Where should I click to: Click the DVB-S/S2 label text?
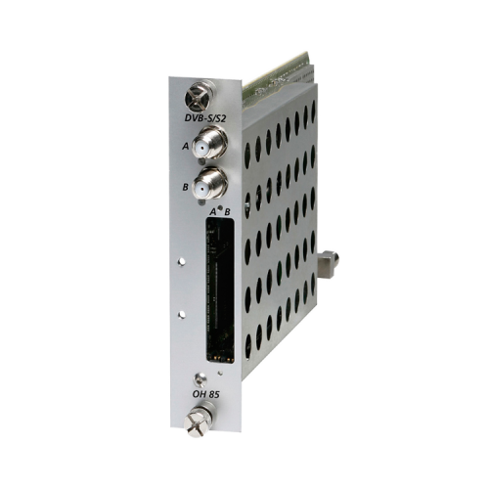pos(205,117)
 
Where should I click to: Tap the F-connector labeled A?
pos(209,143)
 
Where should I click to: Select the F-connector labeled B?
pos(209,184)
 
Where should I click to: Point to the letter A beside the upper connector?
pos(186,147)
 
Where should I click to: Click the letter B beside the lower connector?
pos(186,187)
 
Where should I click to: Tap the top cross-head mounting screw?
pos(199,97)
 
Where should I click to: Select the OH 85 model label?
pos(205,394)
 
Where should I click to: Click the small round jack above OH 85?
pos(200,380)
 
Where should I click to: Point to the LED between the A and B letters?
pos(220,207)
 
